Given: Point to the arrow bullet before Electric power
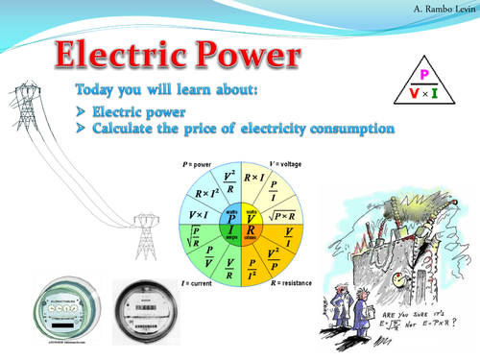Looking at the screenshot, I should [81, 112].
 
